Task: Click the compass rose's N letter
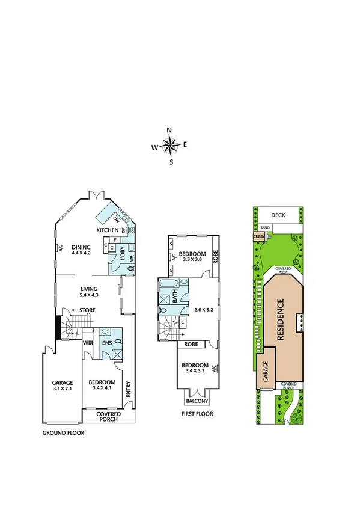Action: (169, 131)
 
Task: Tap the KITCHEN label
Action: (107, 230)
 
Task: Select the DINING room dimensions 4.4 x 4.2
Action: (81, 254)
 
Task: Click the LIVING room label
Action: (89, 289)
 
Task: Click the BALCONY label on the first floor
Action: (197, 401)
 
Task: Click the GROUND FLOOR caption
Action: (63, 432)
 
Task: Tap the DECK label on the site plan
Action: (277, 215)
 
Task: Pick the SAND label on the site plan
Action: (265, 228)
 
